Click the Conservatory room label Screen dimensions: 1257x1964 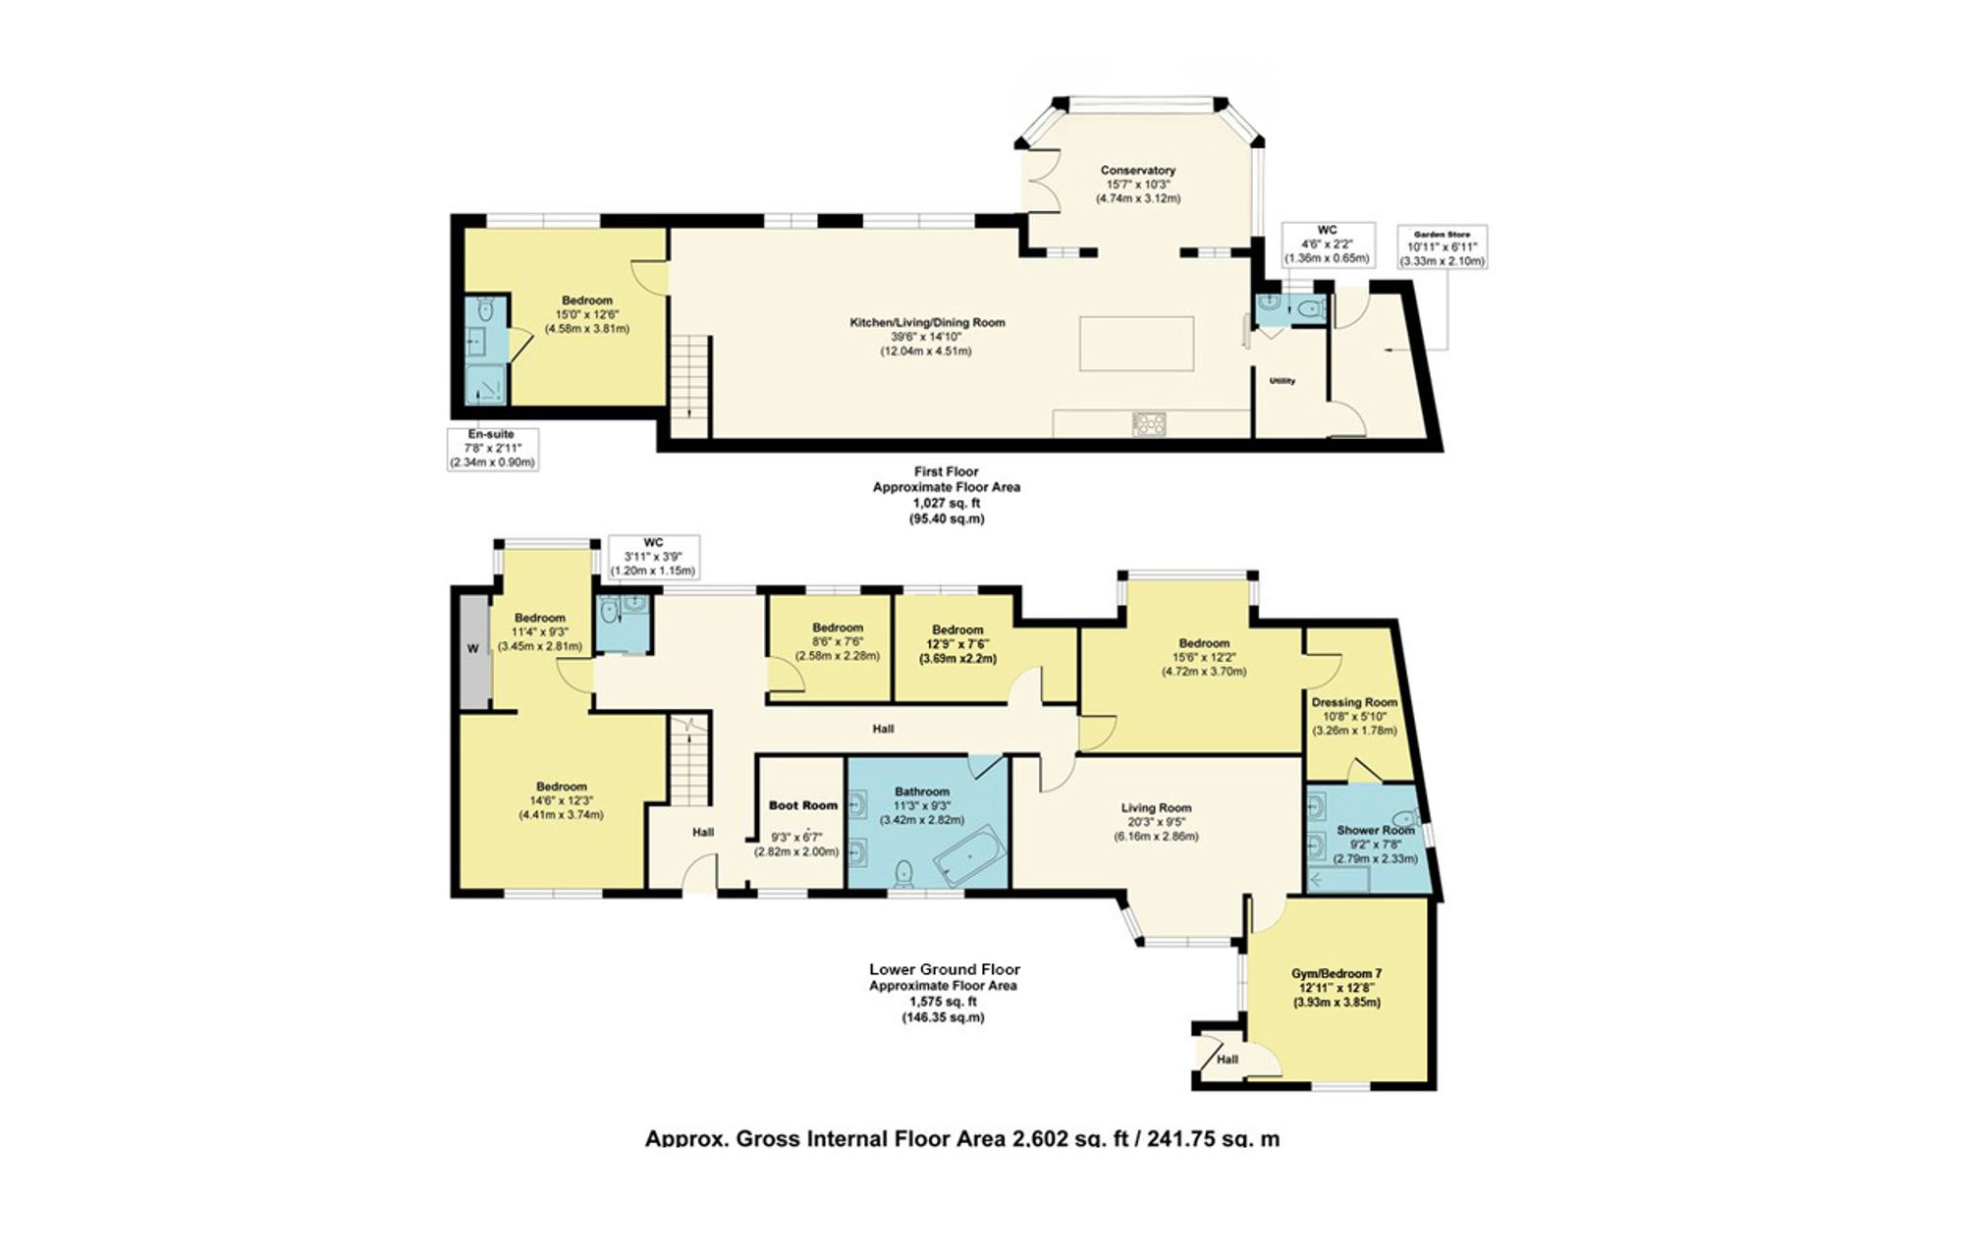1137,171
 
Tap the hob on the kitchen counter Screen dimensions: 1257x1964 1150,424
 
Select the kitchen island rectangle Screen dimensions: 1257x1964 1137,343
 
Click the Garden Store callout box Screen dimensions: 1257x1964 1443,247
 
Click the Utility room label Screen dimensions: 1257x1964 1282,381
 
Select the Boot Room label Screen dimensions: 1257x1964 802,805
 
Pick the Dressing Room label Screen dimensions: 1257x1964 1353,702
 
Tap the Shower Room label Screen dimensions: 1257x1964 1376,830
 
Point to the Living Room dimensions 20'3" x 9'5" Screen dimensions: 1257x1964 1156,823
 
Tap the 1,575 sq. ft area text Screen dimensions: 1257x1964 943,1002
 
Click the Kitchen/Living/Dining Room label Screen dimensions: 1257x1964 926,322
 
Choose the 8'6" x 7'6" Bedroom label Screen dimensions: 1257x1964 838,628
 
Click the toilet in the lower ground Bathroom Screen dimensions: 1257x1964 904,872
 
